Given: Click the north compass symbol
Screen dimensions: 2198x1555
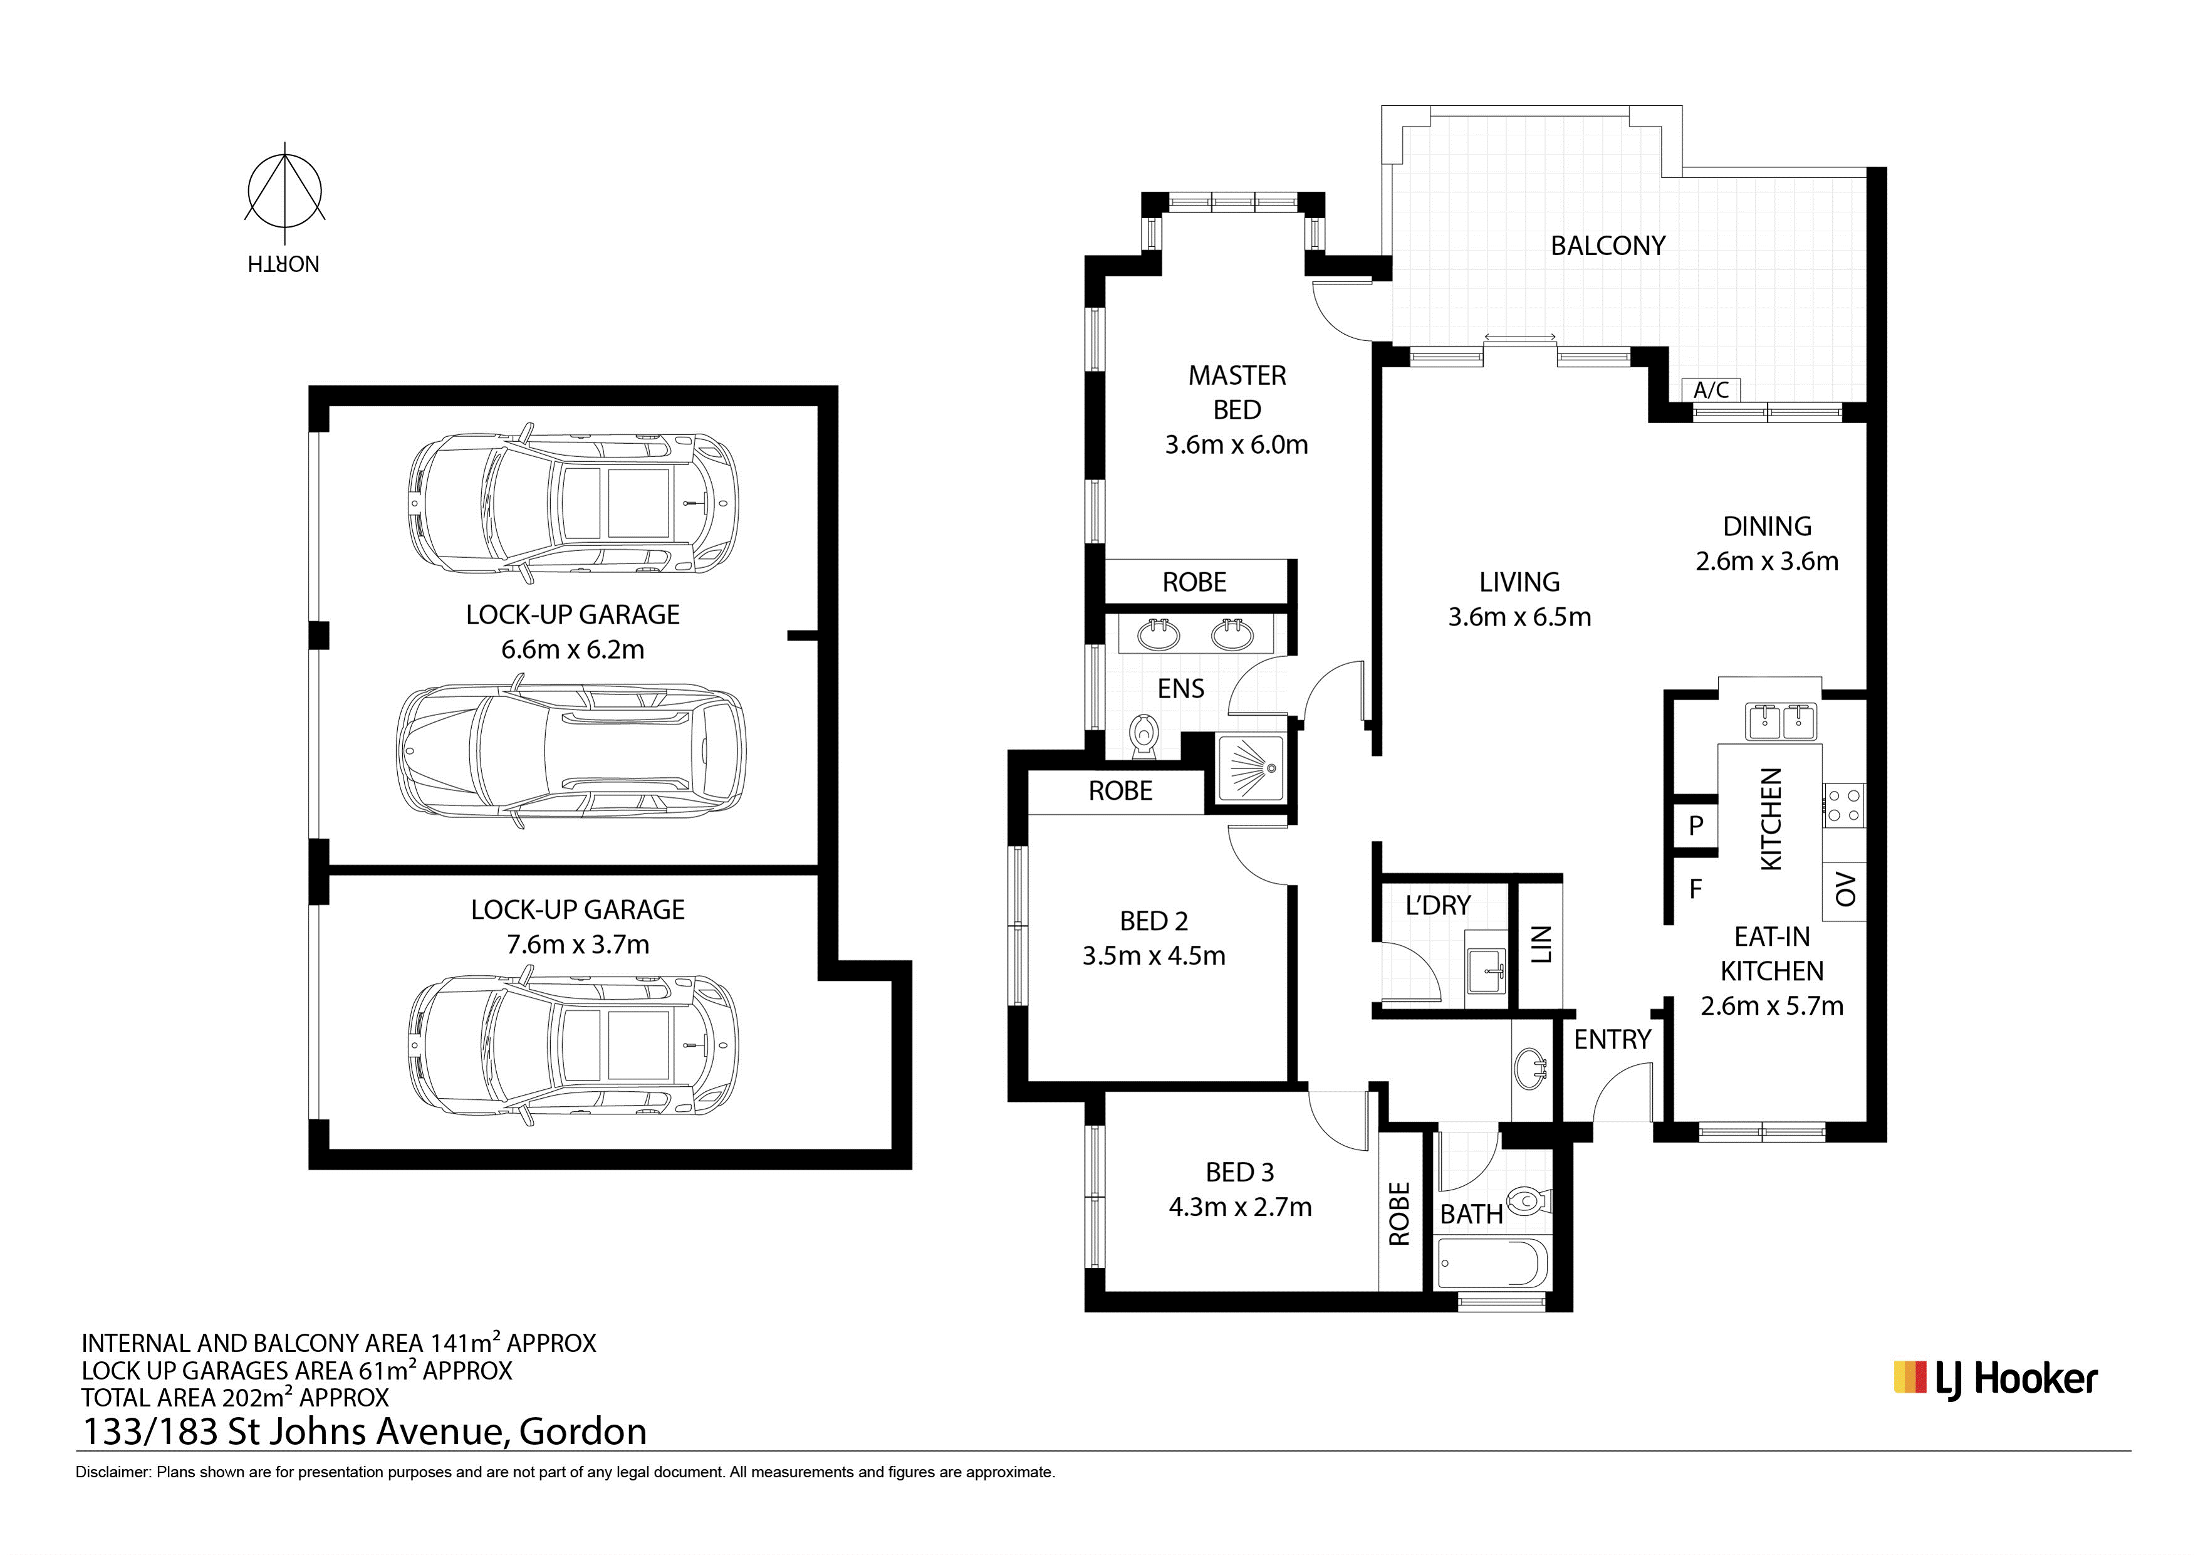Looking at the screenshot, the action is coord(284,192).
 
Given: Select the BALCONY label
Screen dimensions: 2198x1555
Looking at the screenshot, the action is coord(1608,246).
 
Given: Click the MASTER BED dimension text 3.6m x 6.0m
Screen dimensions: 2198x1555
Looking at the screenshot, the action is coord(1236,444).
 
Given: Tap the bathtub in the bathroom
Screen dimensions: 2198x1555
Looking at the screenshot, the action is coord(1491,1264).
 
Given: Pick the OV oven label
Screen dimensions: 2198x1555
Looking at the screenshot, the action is coord(1846,889).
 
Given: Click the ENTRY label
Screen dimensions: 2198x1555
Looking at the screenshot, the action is coord(1613,1039).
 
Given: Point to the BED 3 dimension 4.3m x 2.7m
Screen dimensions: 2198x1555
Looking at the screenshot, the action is coord(1240,1207).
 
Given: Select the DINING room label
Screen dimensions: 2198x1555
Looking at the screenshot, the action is coord(1767,526).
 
